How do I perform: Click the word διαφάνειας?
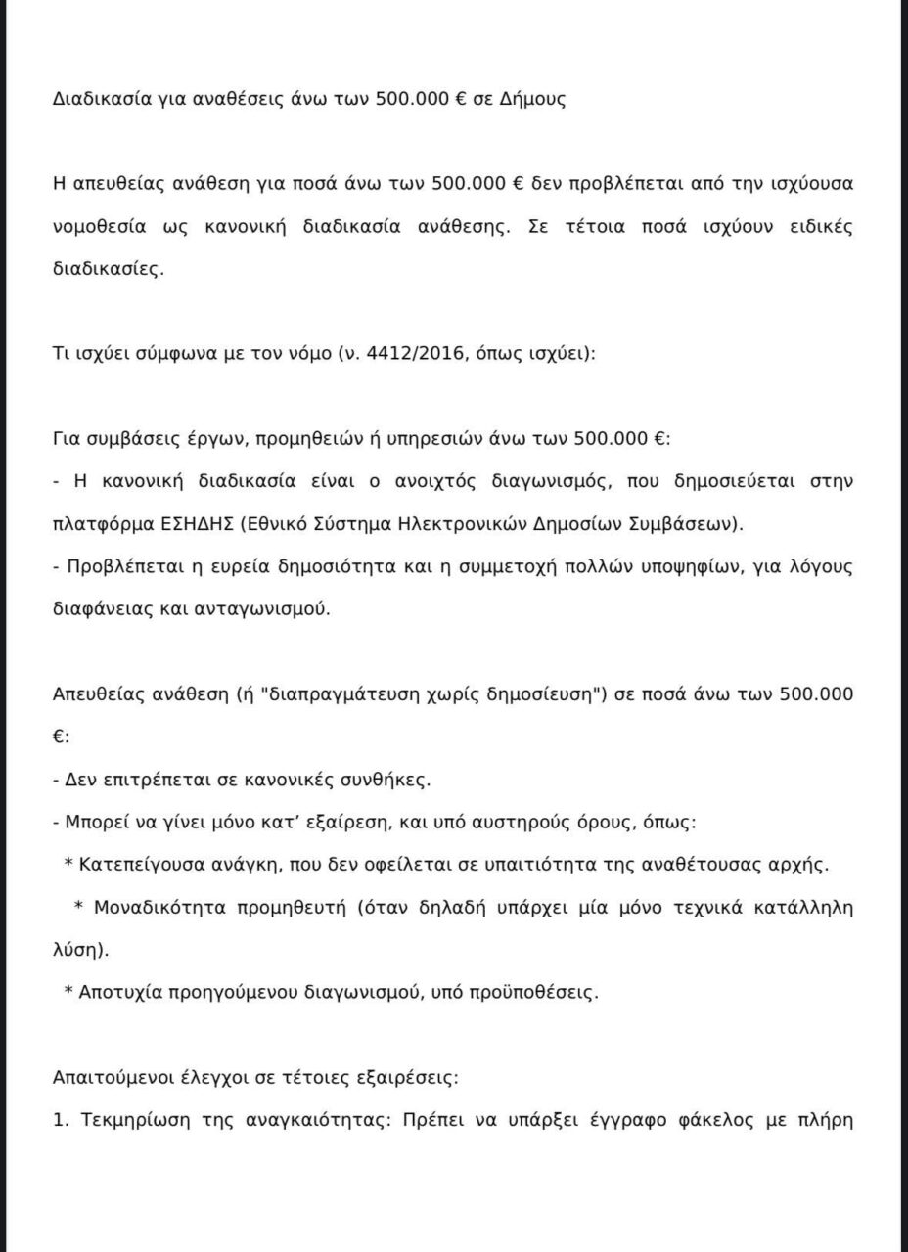click(x=96, y=608)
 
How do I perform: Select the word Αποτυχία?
click(x=115, y=992)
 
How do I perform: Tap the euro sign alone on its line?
click(x=60, y=738)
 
